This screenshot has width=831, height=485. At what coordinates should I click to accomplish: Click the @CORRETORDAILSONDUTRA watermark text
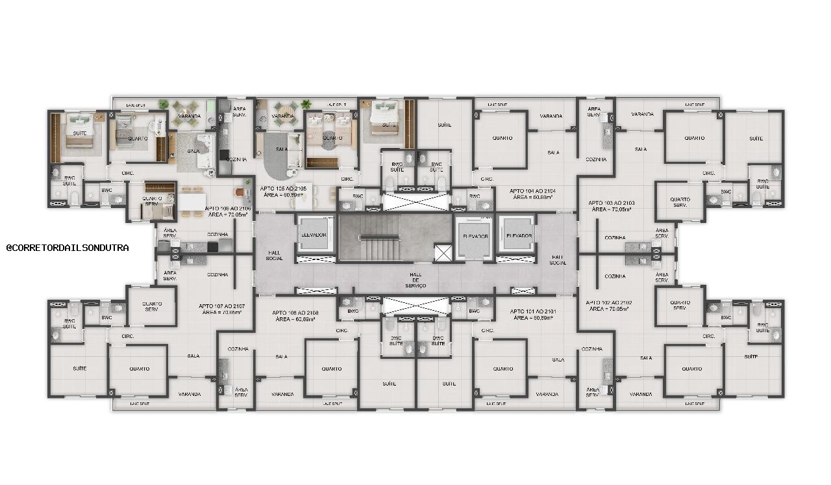(68, 248)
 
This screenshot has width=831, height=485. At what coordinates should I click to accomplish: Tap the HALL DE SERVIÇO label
(415, 280)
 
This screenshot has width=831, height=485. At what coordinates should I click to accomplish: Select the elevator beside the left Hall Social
(313, 235)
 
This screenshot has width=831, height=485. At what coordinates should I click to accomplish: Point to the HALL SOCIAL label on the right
(558, 259)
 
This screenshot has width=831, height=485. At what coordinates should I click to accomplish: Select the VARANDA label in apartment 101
(547, 394)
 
